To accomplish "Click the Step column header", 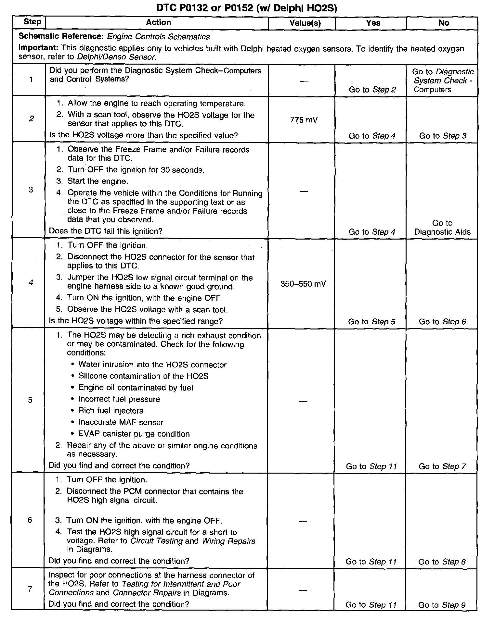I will [32, 22].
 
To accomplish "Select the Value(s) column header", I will [305, 23].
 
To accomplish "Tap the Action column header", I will [158, 22].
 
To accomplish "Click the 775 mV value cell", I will [304, 120].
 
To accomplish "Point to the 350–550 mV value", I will [303, 284].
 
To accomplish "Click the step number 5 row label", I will [30, 400].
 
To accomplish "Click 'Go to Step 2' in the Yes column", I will [372, 90].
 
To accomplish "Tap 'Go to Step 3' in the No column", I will [443, 136].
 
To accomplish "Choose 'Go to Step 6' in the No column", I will [442, 322].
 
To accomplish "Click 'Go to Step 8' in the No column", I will [442, 562].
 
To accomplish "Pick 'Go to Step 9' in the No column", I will [442, 605].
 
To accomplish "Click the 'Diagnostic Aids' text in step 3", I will [442, 232].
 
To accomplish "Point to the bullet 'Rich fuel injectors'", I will [110, 411].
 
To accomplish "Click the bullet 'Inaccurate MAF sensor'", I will [121, 422].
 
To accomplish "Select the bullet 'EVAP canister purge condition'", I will [134, 434].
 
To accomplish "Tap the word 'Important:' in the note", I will [38, 48].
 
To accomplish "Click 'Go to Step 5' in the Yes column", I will [371, 322].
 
